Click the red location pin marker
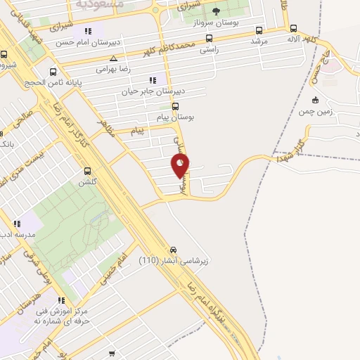(181, 165)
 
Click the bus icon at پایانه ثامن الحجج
(53, 71)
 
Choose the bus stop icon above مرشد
(259, 31)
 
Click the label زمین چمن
(315, 111)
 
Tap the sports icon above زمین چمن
(315, 99)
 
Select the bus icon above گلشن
(87, 171)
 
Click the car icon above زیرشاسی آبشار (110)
(173, 250)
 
